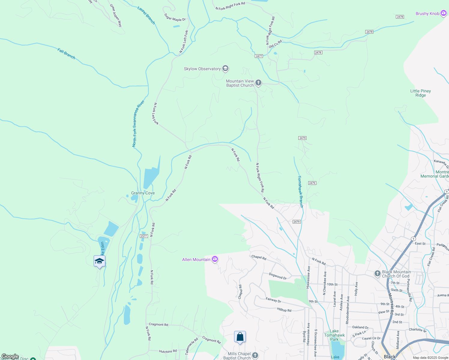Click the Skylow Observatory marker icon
pos(225,69)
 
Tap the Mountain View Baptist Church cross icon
pos(258,83)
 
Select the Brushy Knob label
pos(427,13)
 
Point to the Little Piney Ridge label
pos(420,93)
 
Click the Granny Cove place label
pos(143,193)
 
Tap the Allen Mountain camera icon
pos(215,259)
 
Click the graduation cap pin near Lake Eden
pos(99,261)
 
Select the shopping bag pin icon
pos(240,337)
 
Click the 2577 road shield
pos(144,236)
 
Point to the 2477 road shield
pos(259,56)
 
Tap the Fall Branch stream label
pos(66,54)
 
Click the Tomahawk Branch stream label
pos(300,192)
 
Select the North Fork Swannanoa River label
pos(138,124)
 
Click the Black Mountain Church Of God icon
pos(378,274)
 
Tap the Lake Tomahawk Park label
pos(334,335)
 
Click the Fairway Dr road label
pos(273,300)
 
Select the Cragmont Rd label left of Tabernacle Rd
pos(158,324)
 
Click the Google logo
pos(10,356)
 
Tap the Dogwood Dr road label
pos(278,276)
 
